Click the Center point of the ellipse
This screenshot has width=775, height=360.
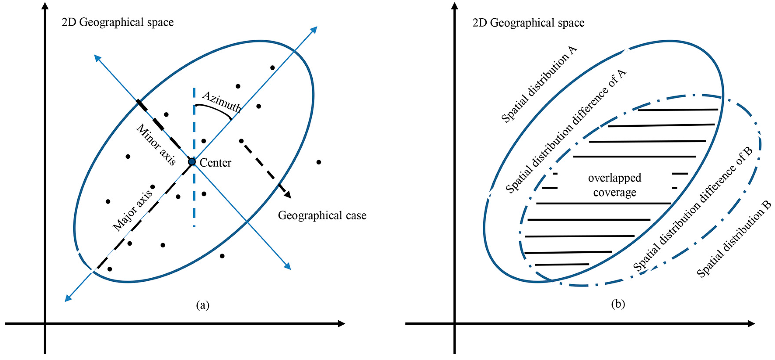pos(192,162)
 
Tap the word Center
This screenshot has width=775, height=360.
pos(215,163)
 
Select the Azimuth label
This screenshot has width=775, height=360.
pos(222,102)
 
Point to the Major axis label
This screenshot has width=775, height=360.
pos(133,210)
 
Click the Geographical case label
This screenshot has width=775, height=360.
pos(322,216)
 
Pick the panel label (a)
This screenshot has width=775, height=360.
pos(202,305)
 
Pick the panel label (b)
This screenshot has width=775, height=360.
pos(618,304)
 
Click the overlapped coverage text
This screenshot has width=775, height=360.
pos(615,185)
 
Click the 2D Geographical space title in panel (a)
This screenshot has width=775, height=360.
pos(118,22)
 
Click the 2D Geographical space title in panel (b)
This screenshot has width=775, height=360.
pos(528,23)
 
